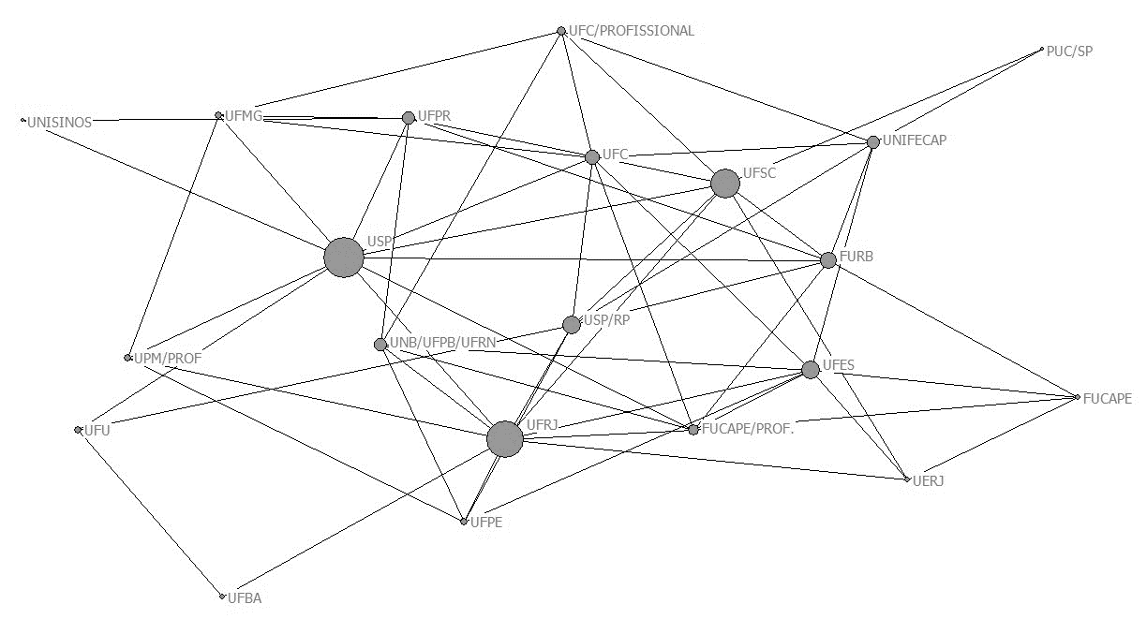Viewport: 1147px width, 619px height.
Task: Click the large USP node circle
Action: coord(344,257)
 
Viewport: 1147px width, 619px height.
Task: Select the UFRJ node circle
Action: coord(505,438)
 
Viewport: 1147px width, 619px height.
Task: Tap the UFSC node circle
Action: coord(724,184)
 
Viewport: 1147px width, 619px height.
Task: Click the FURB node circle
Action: coord(828,259)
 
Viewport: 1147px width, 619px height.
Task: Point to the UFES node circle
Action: coord(811,370)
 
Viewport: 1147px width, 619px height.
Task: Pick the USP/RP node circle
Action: coord(572,325)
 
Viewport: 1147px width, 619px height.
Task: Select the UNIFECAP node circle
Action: coord(873,142)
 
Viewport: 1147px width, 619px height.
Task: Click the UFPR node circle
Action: coord(409,118)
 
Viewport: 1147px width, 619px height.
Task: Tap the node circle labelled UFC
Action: coord(592,157)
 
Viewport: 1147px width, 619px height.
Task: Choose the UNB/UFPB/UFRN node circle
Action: coord(380,345)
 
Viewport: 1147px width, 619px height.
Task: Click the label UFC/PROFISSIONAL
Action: coord(632,31)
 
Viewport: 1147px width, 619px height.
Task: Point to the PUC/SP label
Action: coord(1069,52)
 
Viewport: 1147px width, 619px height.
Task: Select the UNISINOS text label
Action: coord(60,123)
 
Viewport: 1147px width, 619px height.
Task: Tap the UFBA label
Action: coord(244,597)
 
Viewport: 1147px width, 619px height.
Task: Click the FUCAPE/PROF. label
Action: coord(748,429)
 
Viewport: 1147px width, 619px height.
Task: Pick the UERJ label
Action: coord(929,480)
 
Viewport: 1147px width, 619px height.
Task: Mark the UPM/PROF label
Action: coord(168,358)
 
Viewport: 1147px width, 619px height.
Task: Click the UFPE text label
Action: coord(486,523)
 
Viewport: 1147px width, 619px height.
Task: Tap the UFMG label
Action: coord(244,116)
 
